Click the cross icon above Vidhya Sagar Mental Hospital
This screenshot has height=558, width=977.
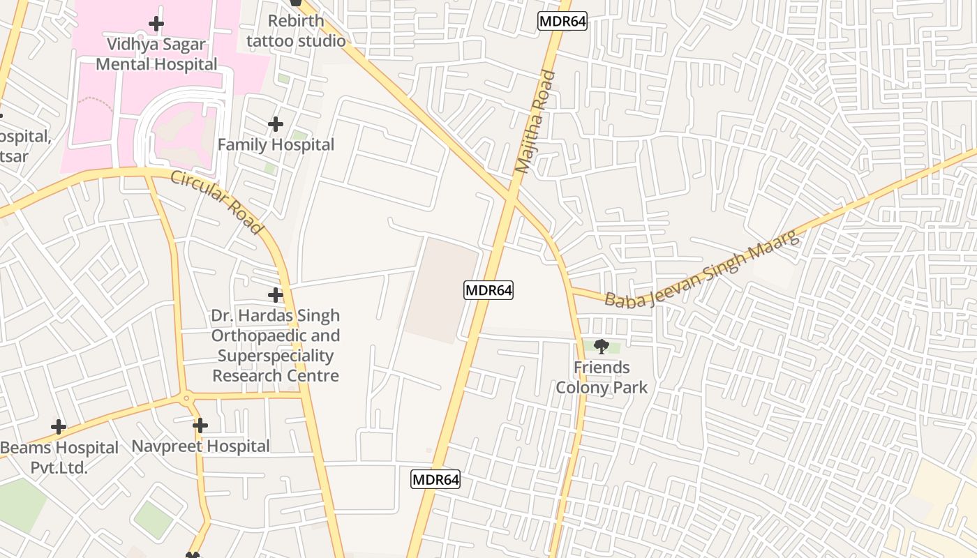pos(156,24)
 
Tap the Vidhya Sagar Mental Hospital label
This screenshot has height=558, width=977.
pos(156,54)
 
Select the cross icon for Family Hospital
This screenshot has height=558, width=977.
pos(276,124)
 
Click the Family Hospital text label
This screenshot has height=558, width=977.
pos(276,144)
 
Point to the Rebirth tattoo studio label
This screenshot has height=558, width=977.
pos(296,31)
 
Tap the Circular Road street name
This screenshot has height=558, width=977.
pos(217,202)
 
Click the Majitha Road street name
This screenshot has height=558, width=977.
pos(535,121)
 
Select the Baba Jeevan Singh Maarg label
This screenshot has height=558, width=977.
pos(701,271)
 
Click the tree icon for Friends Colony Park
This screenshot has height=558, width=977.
pos(601,346)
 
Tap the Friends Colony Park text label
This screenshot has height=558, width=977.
pos(602,377)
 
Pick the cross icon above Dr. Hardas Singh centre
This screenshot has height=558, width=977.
pos(276,295)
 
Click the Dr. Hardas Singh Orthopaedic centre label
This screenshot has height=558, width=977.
pos(276,345)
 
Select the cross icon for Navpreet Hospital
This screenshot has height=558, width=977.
pos(200,425)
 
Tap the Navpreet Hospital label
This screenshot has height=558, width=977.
pos(200,446)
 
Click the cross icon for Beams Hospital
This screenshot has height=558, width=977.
pos(59,427)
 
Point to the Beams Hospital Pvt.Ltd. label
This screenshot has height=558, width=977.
pos(59,457)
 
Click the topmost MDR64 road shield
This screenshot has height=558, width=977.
pos(562,21)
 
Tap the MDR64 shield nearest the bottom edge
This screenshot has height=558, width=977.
pos(435,479)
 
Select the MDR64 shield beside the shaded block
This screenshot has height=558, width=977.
pos(488,290)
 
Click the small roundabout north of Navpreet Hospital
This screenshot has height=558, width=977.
pos(186,399)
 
